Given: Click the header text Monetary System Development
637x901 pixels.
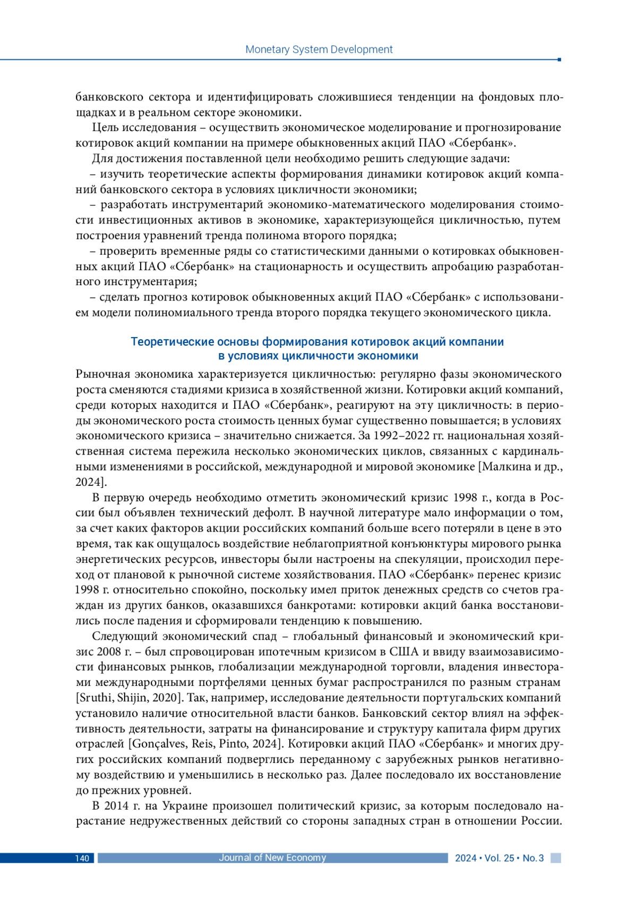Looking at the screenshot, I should [x=318, y=49].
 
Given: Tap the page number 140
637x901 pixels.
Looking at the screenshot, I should [x=82, y=858].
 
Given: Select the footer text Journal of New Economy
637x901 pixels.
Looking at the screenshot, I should [x=272, y=857].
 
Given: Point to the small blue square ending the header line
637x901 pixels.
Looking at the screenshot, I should [x=559, y=59].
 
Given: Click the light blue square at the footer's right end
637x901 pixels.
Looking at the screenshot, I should [x=555, y=858].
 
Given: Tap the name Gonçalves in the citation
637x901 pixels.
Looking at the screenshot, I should [x=158, y=744].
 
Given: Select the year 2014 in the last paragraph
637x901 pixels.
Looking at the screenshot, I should [x=116, y=805].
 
